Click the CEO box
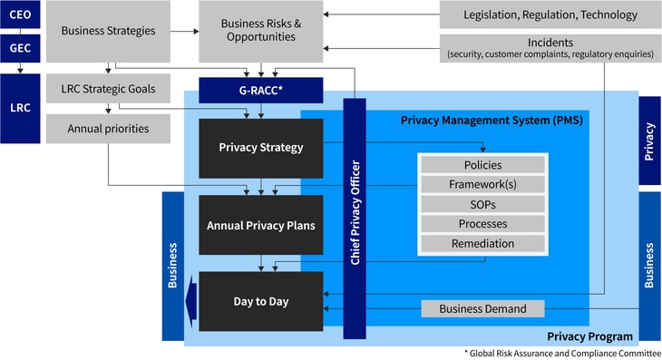click(x=20, y=15)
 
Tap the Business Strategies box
click(x=108, y=31)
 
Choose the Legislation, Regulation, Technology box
click(x=550, y=15)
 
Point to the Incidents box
click(x=550, y=48)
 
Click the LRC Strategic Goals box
click(x=108, y=89)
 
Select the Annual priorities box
click(x=108, y=128)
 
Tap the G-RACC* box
click(x=260, y=90)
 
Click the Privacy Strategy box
click(x=260, y=148)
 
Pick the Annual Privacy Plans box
click(x=260, y=225)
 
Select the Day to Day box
click(x=260, y=300)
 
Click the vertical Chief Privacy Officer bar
click(x=355, y=218)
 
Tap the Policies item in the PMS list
click(x=482, y=165)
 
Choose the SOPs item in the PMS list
click(x=482, y=204)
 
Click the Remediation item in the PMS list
click(x=482, y=243)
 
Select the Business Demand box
click(x=482, y=308)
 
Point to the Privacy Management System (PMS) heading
click(x=491, y=120)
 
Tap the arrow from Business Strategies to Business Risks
click(x=184, y=31)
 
